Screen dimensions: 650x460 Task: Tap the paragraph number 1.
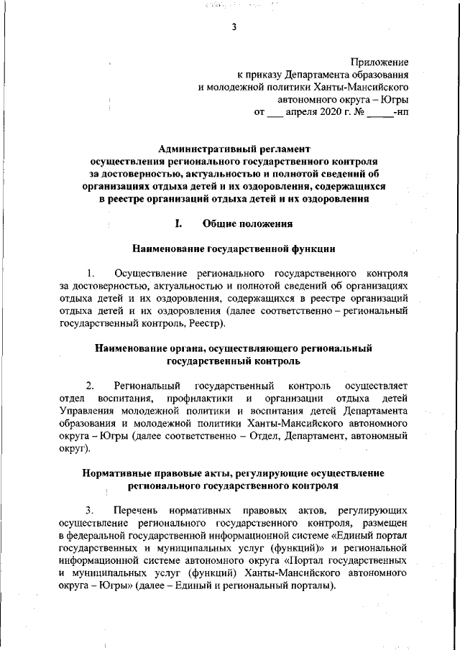click(x=91, y=274)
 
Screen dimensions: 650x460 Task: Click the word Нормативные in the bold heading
click(x=121, y=473)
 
